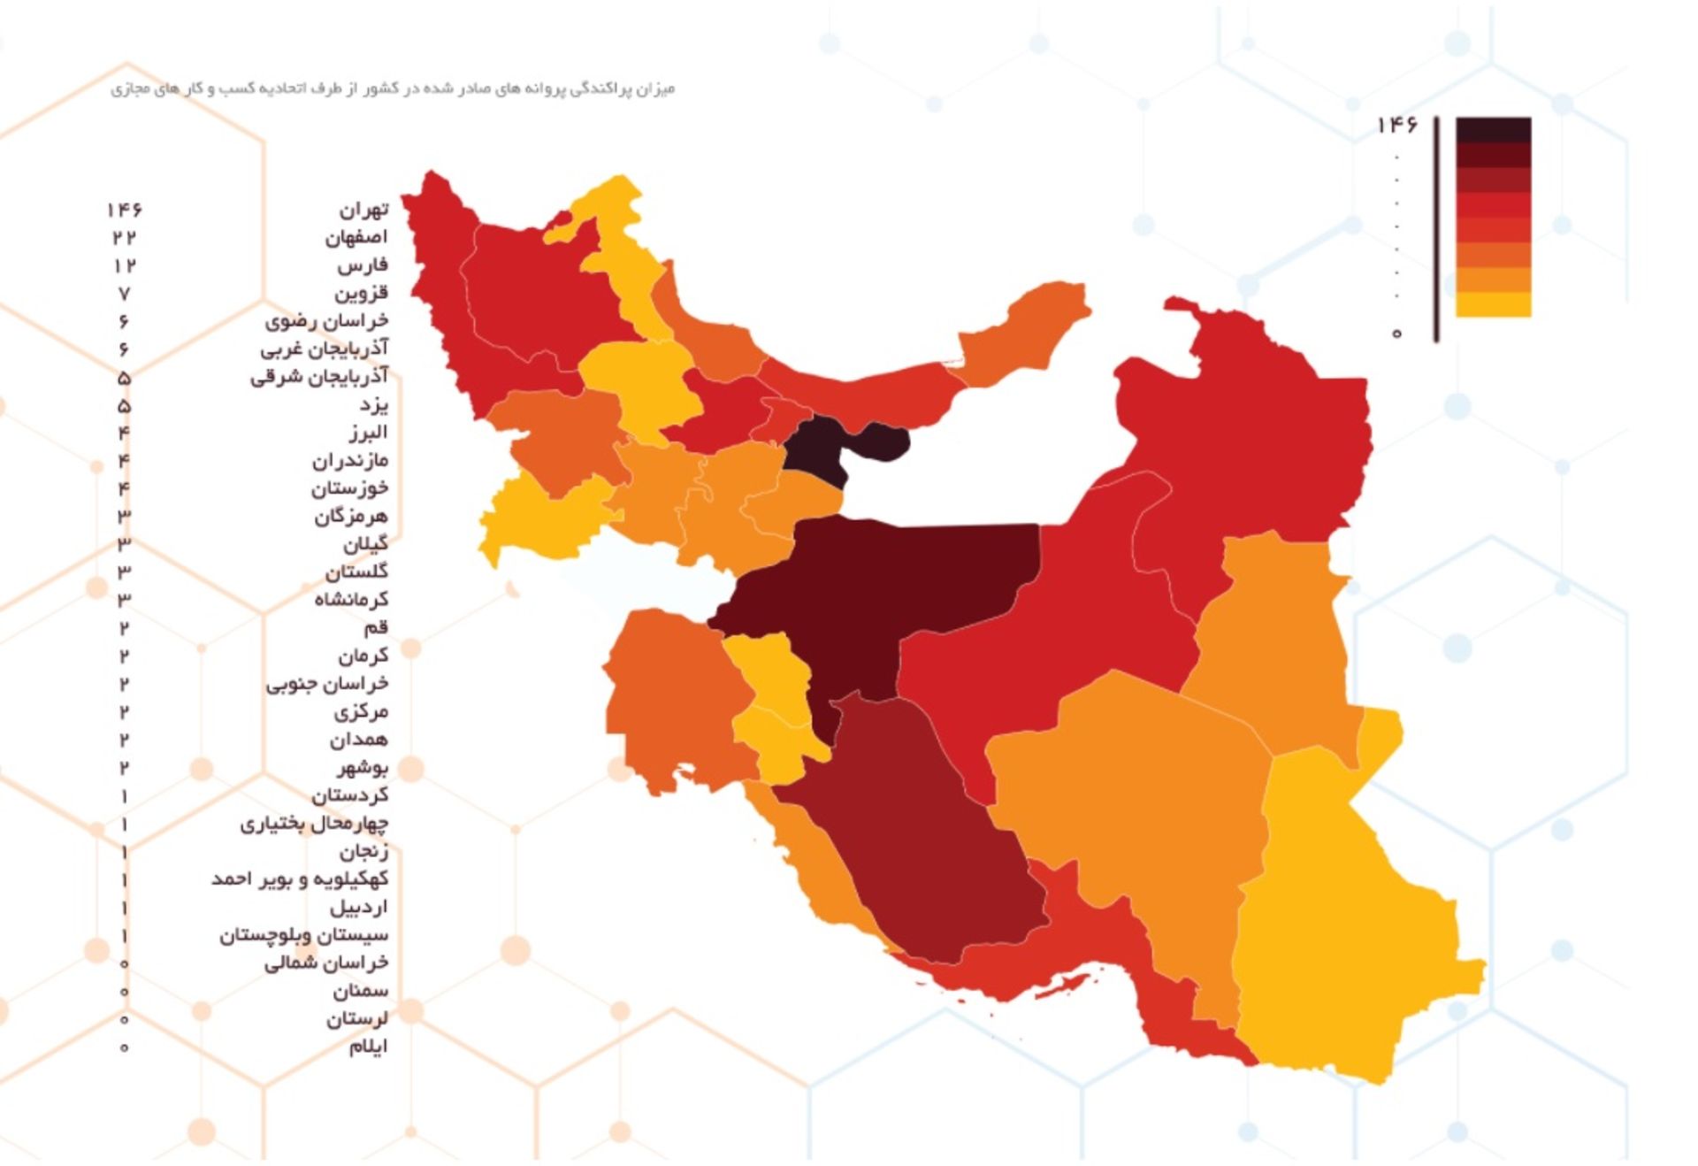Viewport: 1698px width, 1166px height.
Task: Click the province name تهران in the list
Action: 363,210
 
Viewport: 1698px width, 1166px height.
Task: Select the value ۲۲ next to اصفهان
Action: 125,237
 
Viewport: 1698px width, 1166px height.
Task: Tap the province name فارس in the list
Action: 362,265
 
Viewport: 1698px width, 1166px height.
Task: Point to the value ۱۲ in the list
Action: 125,265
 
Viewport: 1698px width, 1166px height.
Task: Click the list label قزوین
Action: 360,293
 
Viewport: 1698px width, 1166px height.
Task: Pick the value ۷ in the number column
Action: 124,294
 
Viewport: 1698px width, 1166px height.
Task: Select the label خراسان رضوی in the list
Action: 326,320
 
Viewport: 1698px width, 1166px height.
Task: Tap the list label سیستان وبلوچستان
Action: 303,935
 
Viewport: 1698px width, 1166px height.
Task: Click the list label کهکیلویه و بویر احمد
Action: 299,879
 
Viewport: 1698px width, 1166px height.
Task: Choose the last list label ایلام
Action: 368,1047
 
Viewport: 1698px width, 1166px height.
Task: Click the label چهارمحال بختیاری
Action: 313,824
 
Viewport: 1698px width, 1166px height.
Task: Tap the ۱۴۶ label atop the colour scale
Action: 1396,127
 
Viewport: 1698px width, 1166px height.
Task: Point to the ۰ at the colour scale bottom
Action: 1396,334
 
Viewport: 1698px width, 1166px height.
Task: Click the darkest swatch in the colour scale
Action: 1493,130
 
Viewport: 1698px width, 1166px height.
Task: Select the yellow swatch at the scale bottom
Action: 1493,304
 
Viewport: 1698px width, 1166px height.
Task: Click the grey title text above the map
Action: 393,89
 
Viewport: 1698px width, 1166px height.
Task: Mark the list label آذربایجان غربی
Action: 324,349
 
